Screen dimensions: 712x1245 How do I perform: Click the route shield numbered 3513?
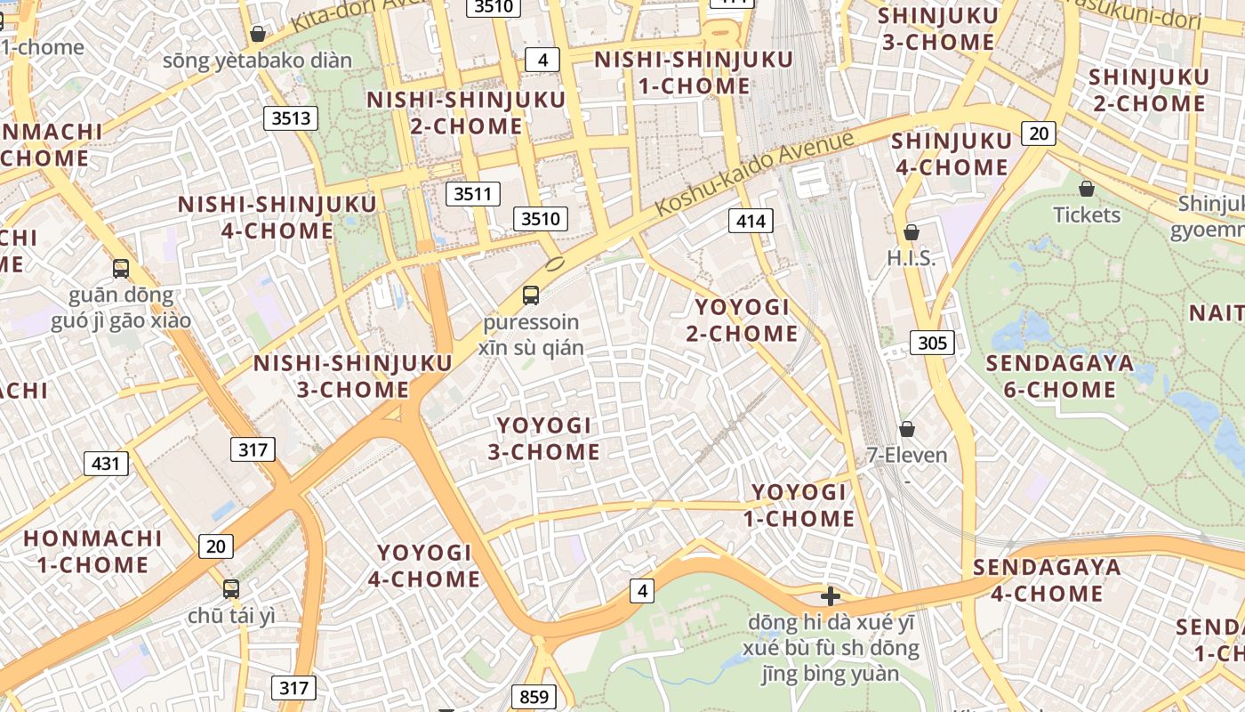(291, 117)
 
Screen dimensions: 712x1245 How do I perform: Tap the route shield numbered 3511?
(473, 193)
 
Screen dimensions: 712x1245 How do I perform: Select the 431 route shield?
(106, 463)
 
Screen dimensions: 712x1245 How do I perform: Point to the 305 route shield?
(932, 342)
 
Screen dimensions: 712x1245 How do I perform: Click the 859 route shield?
(534, 696)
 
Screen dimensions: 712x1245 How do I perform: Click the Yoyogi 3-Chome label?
(543, 438)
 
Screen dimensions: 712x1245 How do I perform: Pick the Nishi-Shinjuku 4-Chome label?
(277, 217)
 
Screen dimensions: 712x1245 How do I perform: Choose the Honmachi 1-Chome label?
(92, 551)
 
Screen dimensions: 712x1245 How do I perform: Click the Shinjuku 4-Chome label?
(951, 154)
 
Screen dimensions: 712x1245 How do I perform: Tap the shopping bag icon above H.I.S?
(912, 232)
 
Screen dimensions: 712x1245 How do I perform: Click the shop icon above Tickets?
(1086, 189)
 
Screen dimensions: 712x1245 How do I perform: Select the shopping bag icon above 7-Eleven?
(907, 429)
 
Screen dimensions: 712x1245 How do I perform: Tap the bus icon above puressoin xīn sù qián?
(531, 295)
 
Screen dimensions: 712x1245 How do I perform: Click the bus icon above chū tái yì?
(231, 588)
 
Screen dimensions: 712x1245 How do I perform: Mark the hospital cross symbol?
(831, 595)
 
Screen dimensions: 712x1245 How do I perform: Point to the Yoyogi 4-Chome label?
(424, 566)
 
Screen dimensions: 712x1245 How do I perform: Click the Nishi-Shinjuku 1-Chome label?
(694, 73)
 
